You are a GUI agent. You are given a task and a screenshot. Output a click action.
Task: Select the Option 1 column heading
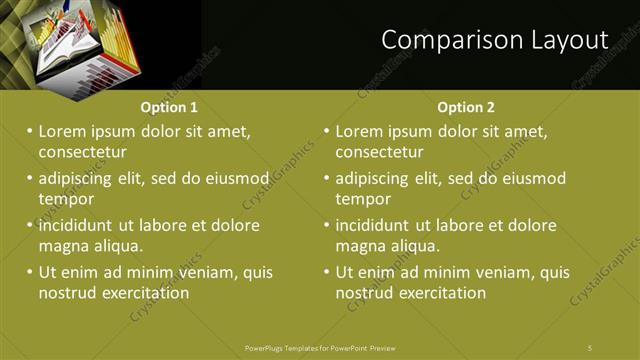click(169, 107)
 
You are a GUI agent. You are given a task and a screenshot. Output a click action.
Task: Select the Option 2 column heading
click(466, 107)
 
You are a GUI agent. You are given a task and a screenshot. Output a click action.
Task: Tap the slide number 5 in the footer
click(590, 347)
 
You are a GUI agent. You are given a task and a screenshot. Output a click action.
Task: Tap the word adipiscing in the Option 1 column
click(81, 179)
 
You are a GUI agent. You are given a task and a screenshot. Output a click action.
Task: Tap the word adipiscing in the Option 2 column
click(378, 179)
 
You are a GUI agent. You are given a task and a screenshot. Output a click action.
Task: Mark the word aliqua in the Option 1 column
click(116, 246)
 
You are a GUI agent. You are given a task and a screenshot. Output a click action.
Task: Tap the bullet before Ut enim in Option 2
click(327, 272)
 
